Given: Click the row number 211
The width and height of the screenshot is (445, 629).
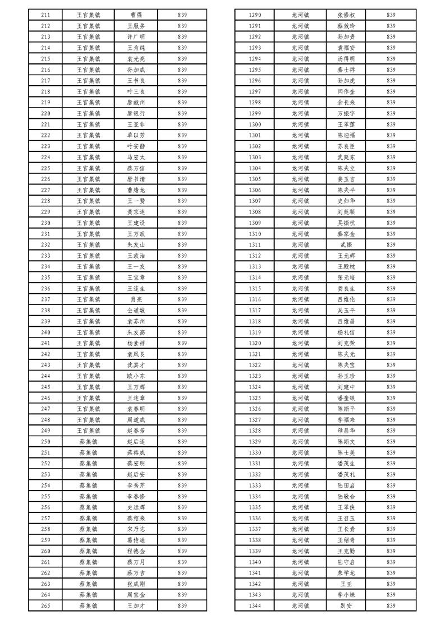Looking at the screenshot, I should click(46, 15).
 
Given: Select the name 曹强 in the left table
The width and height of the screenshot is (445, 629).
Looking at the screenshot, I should click(136, 15).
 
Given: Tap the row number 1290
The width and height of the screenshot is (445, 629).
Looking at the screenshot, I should click(255, 15).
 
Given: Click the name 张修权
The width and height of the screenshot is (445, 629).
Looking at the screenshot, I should click(346, 15).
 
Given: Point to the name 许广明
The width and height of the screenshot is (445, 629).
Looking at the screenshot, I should click(136, 37).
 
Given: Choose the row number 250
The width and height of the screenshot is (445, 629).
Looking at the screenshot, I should click(46, 442).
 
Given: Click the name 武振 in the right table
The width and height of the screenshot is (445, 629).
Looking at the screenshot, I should click(346, 245).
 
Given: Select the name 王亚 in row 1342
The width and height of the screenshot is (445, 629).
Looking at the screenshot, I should click(346, 584).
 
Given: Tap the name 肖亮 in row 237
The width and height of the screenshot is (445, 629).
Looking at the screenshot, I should click(136, 299).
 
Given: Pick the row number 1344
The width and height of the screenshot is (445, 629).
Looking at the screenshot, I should click(255, 605).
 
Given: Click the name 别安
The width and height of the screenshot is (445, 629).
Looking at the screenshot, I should click(346, 605).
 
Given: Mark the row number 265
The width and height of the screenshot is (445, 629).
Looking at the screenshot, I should click(46, 605).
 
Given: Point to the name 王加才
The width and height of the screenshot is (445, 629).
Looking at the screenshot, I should click(136, 605).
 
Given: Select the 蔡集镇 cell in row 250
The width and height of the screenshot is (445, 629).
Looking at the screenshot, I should click(89, 442).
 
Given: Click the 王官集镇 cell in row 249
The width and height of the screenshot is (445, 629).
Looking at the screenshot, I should click(89, 431).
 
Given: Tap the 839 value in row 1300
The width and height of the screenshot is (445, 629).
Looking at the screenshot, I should click(391, 124).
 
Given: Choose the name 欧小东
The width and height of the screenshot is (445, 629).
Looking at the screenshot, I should click(136, 376).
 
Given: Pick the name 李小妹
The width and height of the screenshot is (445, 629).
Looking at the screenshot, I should click(346, 594).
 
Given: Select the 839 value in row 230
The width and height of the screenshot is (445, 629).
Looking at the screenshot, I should click(182, 223).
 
